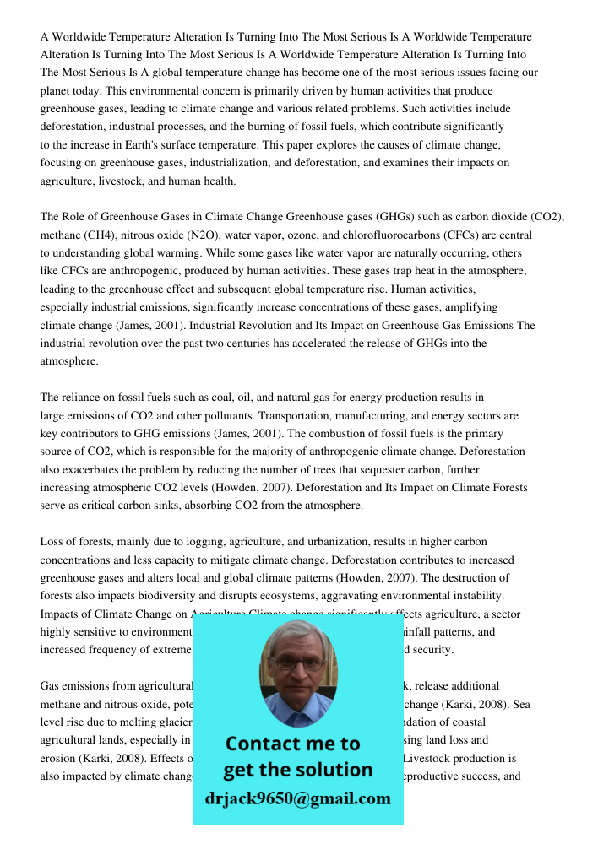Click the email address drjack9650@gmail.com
pyautogui.click(x=297, y=798)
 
